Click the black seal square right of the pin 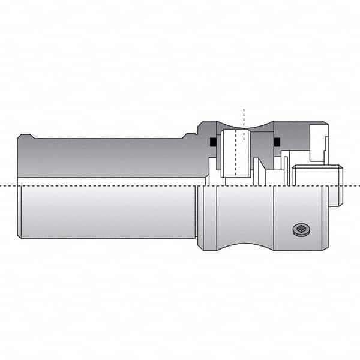click(x=277, y=142)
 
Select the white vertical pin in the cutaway click(x=235, y=153)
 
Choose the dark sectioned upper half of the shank click(x=108, y=157)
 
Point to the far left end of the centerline click(x=2, y=186)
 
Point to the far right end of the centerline click(x=358, y=186)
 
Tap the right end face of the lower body click(x=325, y=218)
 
